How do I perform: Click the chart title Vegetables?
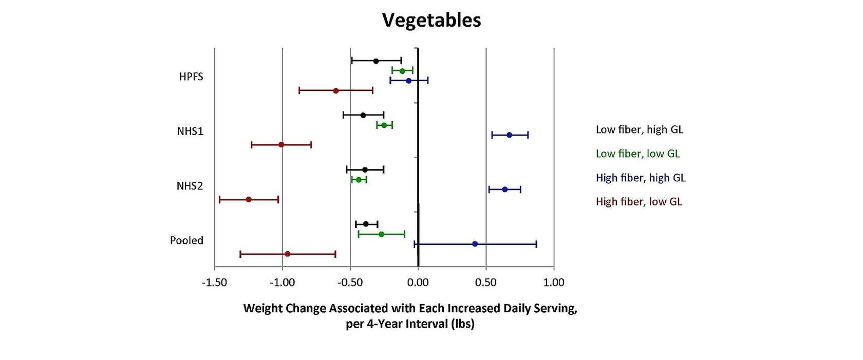[431, 21]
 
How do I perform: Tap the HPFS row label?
[191, 77]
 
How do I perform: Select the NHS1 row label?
[190, 131]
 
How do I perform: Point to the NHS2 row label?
[190, 186]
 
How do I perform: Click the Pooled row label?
[186, 240]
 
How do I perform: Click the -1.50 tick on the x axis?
[214, 282]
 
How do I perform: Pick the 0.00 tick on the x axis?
[418, 282]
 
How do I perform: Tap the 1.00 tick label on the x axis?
[554, 282]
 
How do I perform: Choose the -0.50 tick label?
[350, 282]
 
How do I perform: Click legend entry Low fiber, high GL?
[640, 129]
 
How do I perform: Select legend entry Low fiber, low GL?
[637, 154]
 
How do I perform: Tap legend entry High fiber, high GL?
[641, 178]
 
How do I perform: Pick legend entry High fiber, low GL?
[639, 202]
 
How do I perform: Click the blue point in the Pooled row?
[475, 244]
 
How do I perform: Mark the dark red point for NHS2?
[249, 199]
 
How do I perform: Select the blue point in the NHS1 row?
[509, 135]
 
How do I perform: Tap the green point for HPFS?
[402, 71]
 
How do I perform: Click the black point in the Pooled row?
[366, 224]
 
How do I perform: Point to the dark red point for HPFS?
[336, 91]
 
